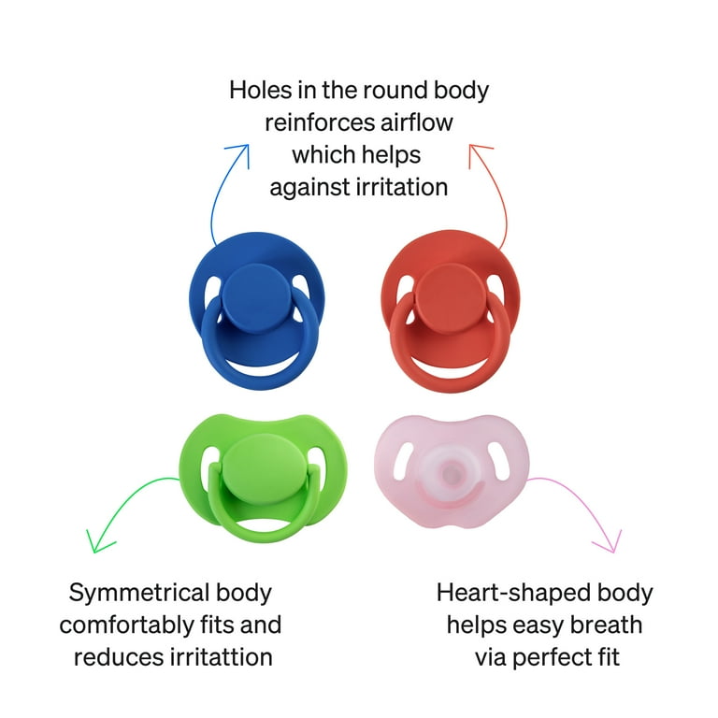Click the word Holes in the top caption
(x=260, y=90)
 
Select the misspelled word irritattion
(x=222, y=657)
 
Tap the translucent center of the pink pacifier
(x=451, y=471)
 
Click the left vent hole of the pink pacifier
(x=403, y=461)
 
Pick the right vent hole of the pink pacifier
(x=499, y=461)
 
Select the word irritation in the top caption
(x=402, y=187)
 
